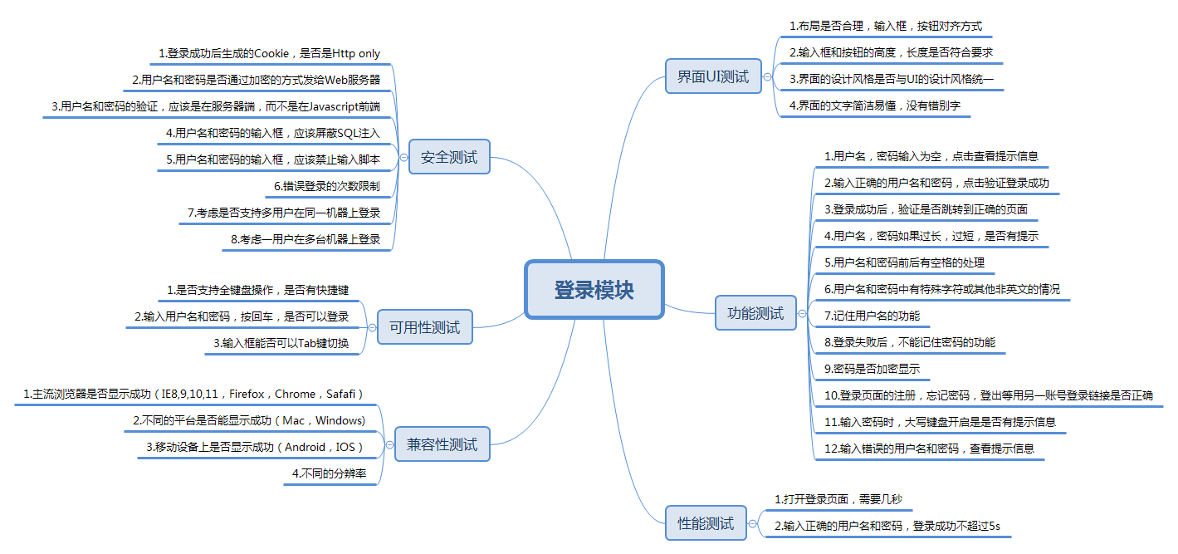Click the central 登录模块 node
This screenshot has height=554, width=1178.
(x=594, y=290)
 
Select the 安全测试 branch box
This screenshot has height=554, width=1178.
(x=449, y=157)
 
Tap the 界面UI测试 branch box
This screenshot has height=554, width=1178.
(x=712, y=77)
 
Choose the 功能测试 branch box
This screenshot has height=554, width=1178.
(x=755, y=313)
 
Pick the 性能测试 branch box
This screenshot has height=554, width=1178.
(x=706, y=523)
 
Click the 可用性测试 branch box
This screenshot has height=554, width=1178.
(x=424, y=327)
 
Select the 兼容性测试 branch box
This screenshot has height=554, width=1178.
(x=442, y=444)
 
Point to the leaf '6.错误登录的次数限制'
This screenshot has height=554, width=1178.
(x=326, y=186)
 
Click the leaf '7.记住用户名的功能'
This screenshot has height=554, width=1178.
(x=872, y=316)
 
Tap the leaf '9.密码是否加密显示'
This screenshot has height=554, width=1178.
(x=872, y=369)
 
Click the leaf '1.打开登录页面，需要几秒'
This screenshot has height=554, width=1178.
(x=838, y=499)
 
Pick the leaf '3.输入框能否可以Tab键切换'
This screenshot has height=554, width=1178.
(x=281, y=343)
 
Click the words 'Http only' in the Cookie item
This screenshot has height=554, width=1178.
(x=356, y=53)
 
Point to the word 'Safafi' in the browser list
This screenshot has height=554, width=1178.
(x=340, y=394)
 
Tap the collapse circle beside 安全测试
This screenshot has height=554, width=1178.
(x=403, y=157)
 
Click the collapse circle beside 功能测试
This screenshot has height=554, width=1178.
(x=802, y=314)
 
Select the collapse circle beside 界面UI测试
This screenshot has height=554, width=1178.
(x=767, y=77)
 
